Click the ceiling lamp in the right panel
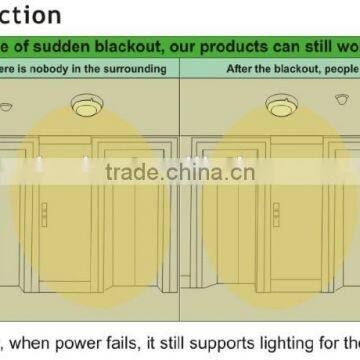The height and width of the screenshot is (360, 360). pyautogui.click(x=279, y=103)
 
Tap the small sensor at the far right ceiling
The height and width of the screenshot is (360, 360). pyautogui.click(x=345, y=102)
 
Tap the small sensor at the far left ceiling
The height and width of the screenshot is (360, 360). pyautogui.click(x=6, y=106)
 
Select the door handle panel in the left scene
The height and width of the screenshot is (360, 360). pyautogui.click(x=43, y=214)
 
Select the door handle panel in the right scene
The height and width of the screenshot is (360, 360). pyautogui.click(x=275, y=214)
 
